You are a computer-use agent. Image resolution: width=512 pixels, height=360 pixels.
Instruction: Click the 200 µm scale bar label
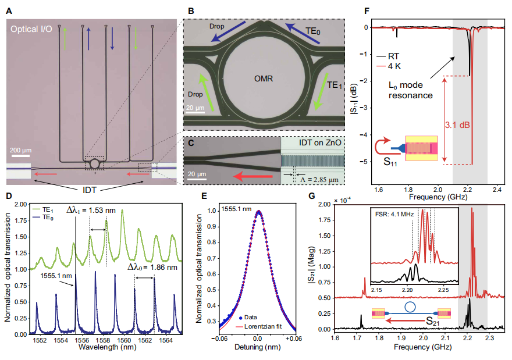point(22,150)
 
